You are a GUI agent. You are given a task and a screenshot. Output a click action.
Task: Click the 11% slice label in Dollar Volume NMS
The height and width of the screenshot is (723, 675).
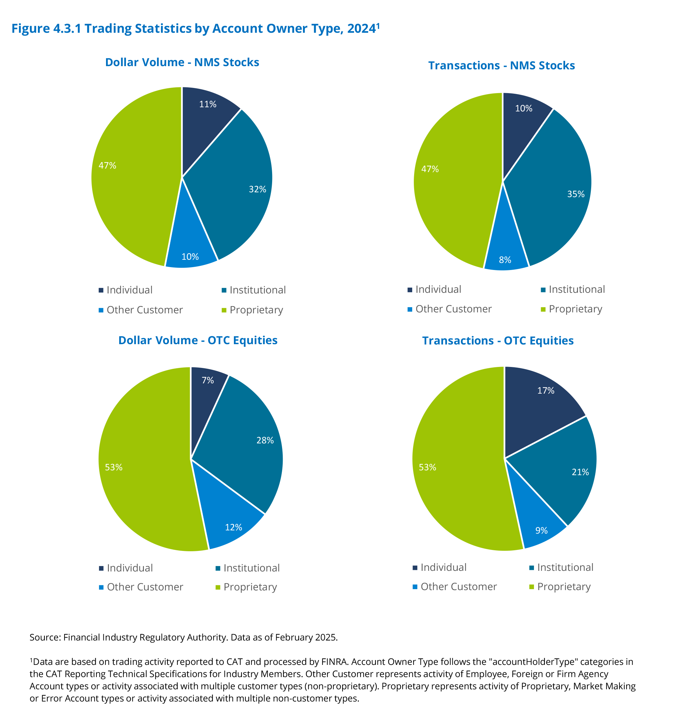point(208,104)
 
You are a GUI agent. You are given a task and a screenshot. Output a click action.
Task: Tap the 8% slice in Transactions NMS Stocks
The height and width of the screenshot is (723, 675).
point(505,255)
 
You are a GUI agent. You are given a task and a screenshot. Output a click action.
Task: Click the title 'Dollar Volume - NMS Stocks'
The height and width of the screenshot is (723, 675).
point(182,63)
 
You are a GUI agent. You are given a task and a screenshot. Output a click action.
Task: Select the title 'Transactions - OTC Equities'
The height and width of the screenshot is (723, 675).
point(497,341)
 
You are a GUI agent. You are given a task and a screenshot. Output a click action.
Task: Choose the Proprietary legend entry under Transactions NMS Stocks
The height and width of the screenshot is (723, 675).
point(575,309)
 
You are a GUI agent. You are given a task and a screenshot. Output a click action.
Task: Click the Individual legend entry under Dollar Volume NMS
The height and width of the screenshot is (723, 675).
point(129,290)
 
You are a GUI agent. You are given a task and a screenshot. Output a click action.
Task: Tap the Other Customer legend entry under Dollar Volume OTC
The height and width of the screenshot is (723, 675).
point(145,587)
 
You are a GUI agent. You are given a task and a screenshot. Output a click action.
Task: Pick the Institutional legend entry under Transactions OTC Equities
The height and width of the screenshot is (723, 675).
point(565,567)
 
